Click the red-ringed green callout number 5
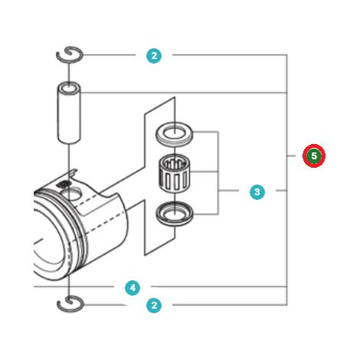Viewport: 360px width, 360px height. pos(314,155)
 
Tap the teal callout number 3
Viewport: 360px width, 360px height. pos(257,192)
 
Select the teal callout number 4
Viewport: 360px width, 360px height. pos(133,288)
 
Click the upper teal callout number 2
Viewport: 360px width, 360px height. pos(154,56)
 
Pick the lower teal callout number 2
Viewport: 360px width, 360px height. pos(154,306)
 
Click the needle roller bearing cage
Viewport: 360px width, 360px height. pos(174,174)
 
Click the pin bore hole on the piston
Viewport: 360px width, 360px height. pos(73,194)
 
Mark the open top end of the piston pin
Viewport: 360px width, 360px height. pos(69,87)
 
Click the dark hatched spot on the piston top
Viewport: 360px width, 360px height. pos(64,184)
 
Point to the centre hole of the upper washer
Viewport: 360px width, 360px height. pos(174,132)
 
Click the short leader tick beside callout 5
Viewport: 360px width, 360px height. pos(291,155)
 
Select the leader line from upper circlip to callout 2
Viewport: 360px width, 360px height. pos(109,55)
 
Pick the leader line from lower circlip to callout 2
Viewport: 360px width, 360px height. pos(105,305)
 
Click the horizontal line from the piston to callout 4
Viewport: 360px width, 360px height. pos(74,286)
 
